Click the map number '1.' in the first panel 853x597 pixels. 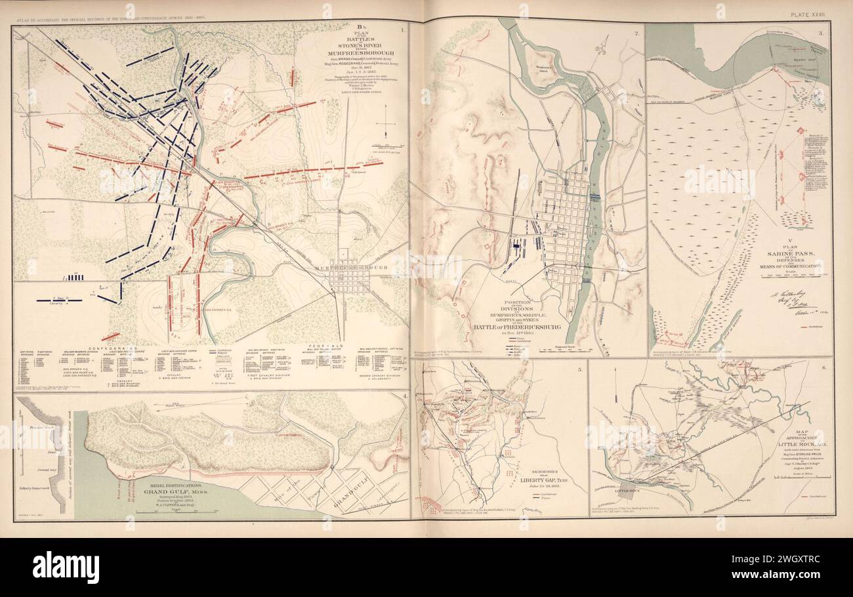pyautogui.click(x=403, y=30)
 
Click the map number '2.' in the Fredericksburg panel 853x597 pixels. pyautogui.click(x=637, y=32)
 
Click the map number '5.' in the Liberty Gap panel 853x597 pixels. pyautogui.click(x=579, y=371)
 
